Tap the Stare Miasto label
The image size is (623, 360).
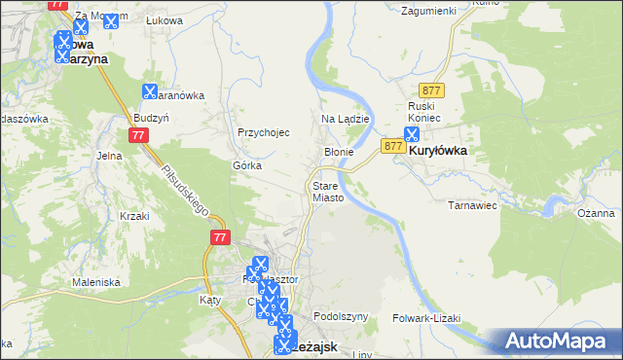(x=327, y=191)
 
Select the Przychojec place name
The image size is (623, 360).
(x=264, y=133)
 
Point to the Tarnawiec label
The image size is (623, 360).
(x=472, y=206)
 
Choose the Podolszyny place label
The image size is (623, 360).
(x=340, y=317)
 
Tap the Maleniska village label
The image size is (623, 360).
(x=95, y=282)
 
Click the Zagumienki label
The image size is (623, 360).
(x=429, y=10)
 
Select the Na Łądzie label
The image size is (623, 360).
(x=344, y=119)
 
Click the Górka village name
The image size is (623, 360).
(x=246, y=165)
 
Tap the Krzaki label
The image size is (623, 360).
(x=132, y=216)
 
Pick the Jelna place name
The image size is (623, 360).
(x=108, y=155)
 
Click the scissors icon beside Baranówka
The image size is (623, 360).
(x=149, y=91)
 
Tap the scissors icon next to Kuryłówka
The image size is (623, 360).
(x=413, y=134)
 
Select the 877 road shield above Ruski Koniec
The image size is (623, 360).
(x=434, y=90)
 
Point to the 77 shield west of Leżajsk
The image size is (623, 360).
(x=219, y=236)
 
